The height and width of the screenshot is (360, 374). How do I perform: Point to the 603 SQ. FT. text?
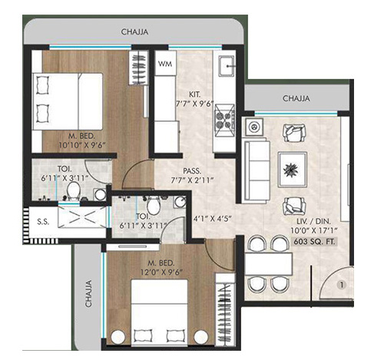coord(316,243)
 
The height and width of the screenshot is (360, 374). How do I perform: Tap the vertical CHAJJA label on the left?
coord(89,292)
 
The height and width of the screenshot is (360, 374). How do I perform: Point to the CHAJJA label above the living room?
coord(296,98)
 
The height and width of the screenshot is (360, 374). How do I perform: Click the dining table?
coord(268,263)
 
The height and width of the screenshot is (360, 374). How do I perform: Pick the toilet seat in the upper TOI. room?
coord(73,189)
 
